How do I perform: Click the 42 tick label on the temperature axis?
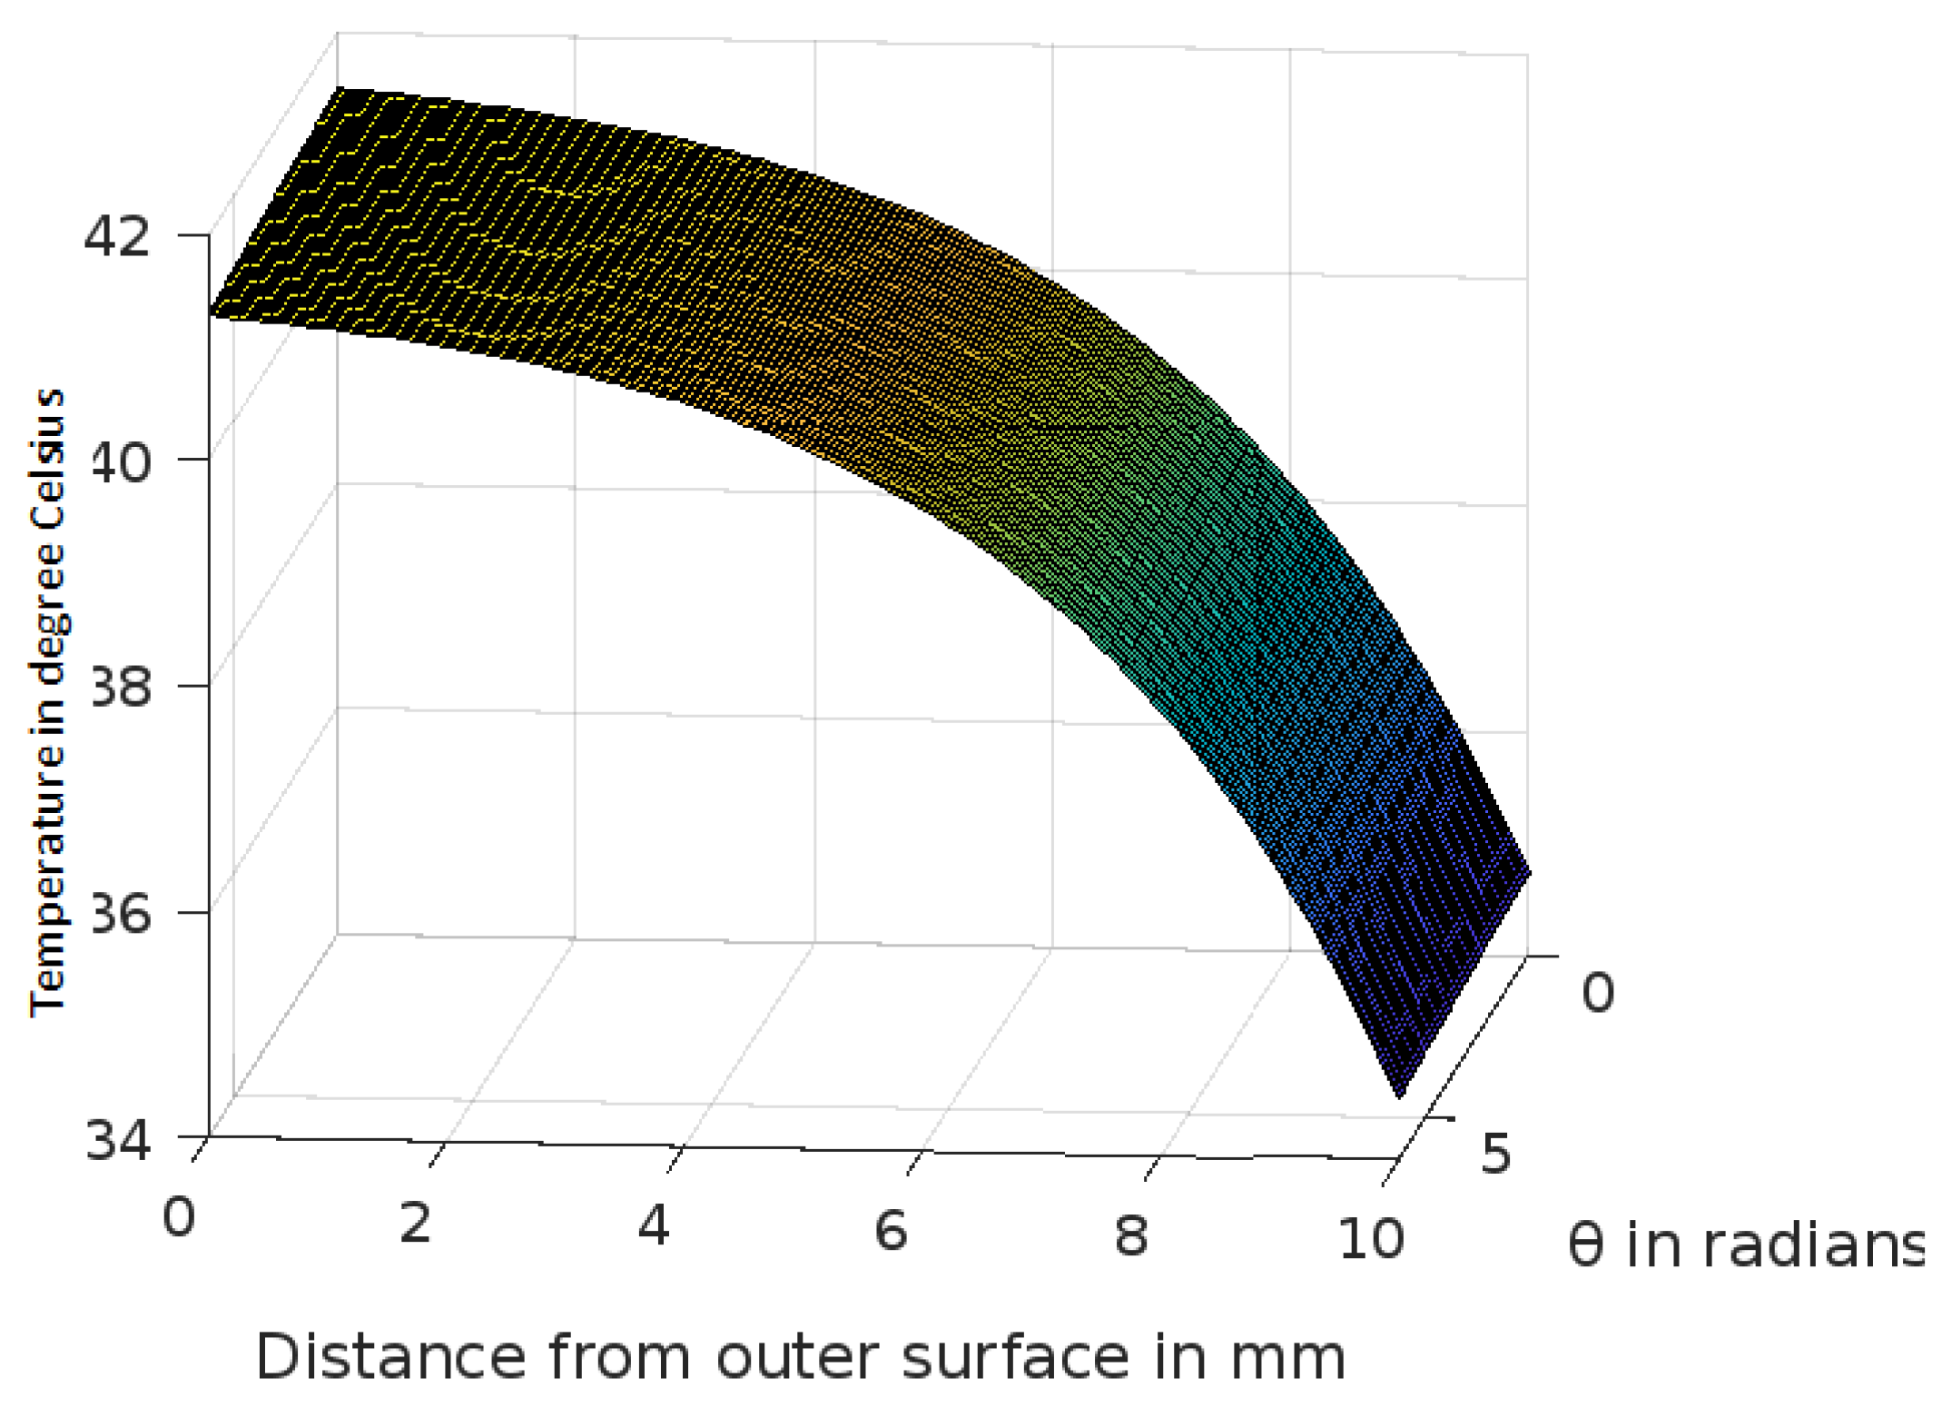tap(116, 237)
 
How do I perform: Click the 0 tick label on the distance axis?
tap(179, 1215)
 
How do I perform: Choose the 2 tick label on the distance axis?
tap(416, 1223)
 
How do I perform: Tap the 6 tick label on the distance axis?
tap(892, 1230)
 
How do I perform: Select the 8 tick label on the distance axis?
tap(1131, 1235)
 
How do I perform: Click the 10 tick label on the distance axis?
tap(1371, 1237)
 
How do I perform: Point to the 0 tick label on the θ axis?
tap(1598, 992)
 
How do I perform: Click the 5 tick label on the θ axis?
tap(1496, 1154)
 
